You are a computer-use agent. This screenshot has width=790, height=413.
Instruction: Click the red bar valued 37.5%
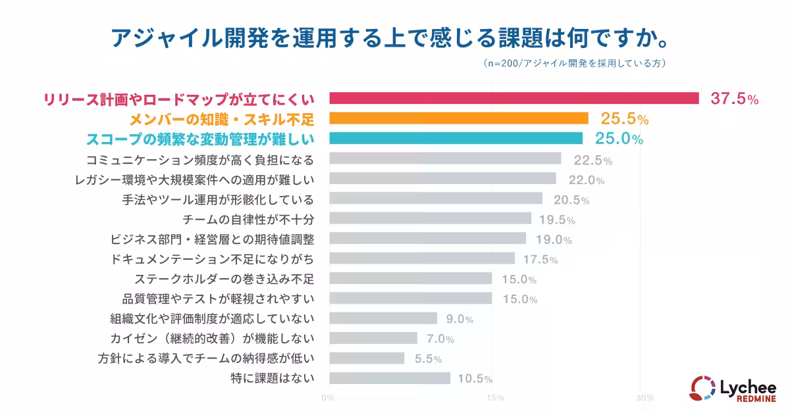[513, 98]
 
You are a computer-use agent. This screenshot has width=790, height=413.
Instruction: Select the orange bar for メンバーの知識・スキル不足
[458, 118]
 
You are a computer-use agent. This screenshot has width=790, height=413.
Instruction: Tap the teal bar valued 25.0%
[456, 138]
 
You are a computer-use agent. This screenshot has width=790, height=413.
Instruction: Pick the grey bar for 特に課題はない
[390, 378]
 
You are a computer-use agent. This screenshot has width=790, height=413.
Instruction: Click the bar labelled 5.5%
[367, 358]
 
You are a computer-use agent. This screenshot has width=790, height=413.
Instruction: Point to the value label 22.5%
[592, 160]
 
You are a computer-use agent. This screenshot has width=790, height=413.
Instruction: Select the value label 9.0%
[460, 320]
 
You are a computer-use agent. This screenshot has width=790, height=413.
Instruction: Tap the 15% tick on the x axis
[495, 398]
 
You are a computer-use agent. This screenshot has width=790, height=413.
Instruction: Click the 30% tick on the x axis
[645, 398]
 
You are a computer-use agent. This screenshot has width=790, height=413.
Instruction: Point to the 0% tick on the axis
[328, 398]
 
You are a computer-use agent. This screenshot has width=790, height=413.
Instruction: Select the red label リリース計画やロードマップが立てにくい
[178, 99]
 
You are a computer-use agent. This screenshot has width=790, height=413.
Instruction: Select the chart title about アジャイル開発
[394, 37]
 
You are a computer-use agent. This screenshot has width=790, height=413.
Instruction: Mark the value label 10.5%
[474, 379]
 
